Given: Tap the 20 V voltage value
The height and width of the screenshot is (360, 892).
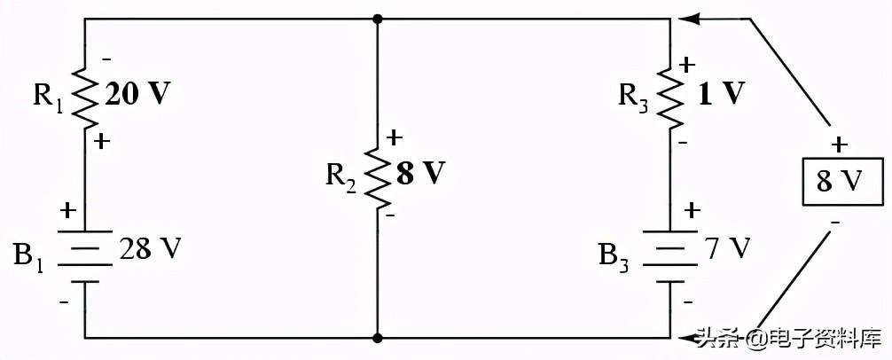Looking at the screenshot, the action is [137, 95].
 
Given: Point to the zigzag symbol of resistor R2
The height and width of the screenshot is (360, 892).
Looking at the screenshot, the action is [378, 174].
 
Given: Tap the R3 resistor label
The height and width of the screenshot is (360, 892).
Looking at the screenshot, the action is [636, 94].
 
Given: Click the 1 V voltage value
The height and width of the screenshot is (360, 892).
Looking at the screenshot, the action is [720, 94].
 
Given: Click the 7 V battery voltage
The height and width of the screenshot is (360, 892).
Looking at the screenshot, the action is [731, 249].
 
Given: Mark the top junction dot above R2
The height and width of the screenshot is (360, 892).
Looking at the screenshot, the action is [378, 18].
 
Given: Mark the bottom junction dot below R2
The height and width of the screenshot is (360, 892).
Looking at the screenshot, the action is [378, 338].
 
